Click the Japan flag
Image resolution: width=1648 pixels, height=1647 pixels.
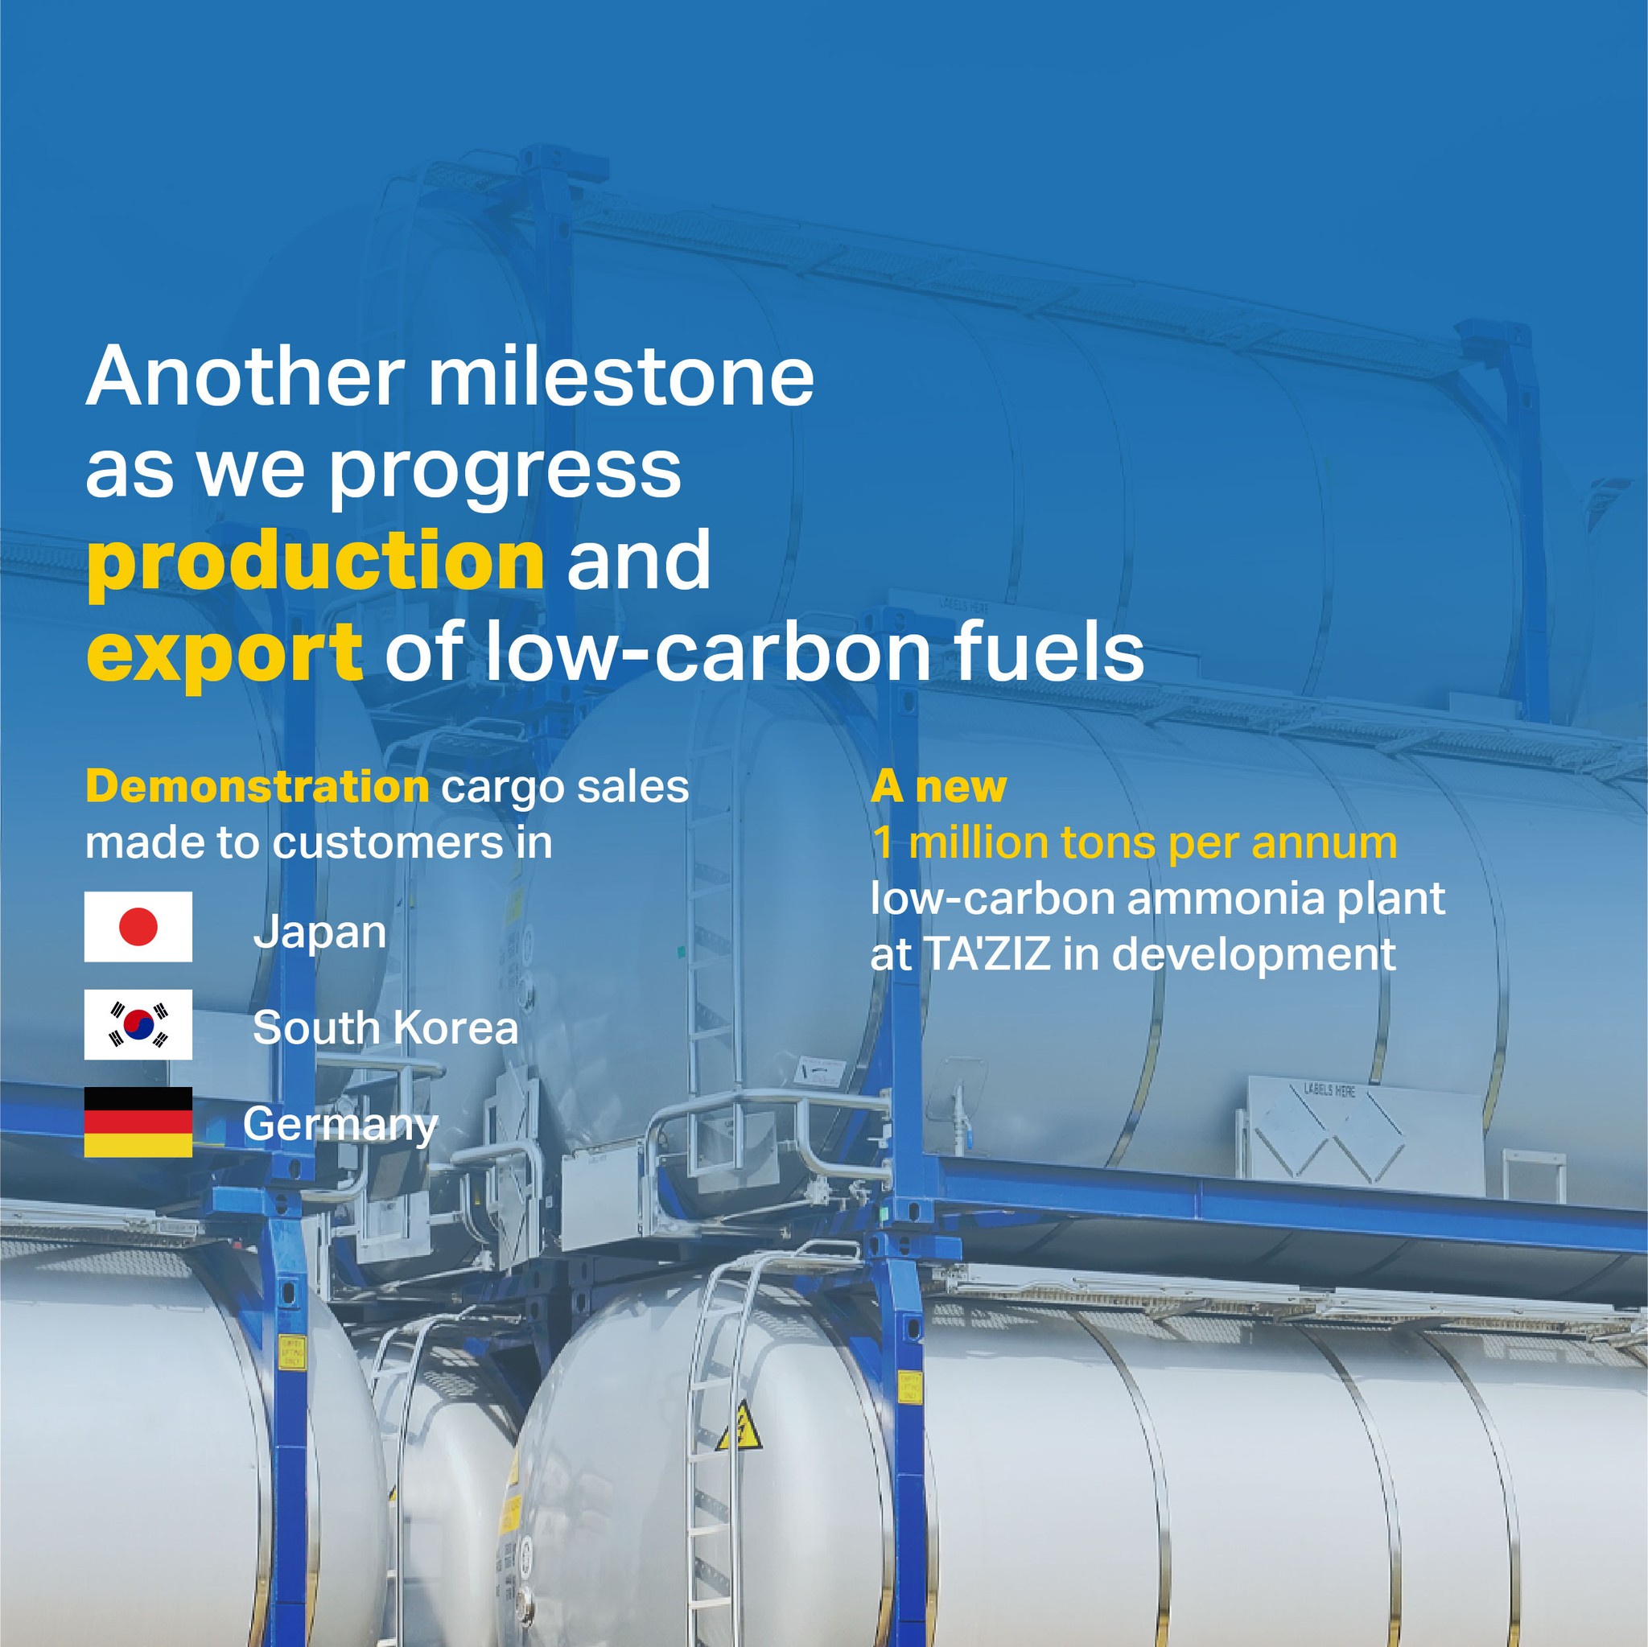point(138,926)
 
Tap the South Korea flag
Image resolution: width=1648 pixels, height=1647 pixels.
point(138,1024)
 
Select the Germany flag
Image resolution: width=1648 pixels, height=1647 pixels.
point(138,1122)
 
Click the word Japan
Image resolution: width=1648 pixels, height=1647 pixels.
point(320,933)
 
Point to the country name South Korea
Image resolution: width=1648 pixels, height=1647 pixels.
point(385,1027)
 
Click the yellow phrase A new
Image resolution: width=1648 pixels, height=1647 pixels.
point(938,786)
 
